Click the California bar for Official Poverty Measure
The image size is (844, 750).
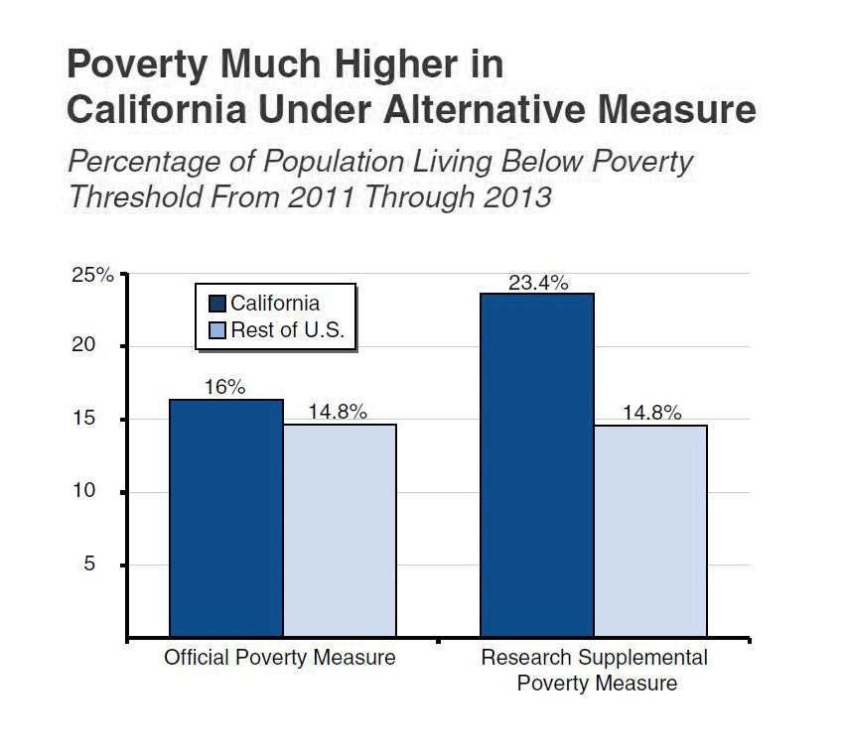tap(226, 518)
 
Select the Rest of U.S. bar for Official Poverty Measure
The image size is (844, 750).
tap(340, 531)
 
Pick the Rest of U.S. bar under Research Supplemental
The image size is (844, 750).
tap(650, 531)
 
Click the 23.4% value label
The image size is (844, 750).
tap(538, 283)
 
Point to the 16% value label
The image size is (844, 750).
tap(224, 388)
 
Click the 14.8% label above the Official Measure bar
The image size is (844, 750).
tap(338, 413)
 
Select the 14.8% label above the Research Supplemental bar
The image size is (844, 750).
tap(651, 413)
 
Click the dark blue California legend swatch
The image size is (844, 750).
tap(216, 304)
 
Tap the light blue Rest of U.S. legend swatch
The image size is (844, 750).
tap(216, 331)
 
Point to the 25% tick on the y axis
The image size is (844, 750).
tap(93, 275)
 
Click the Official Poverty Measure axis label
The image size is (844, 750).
tap(280, 658)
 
